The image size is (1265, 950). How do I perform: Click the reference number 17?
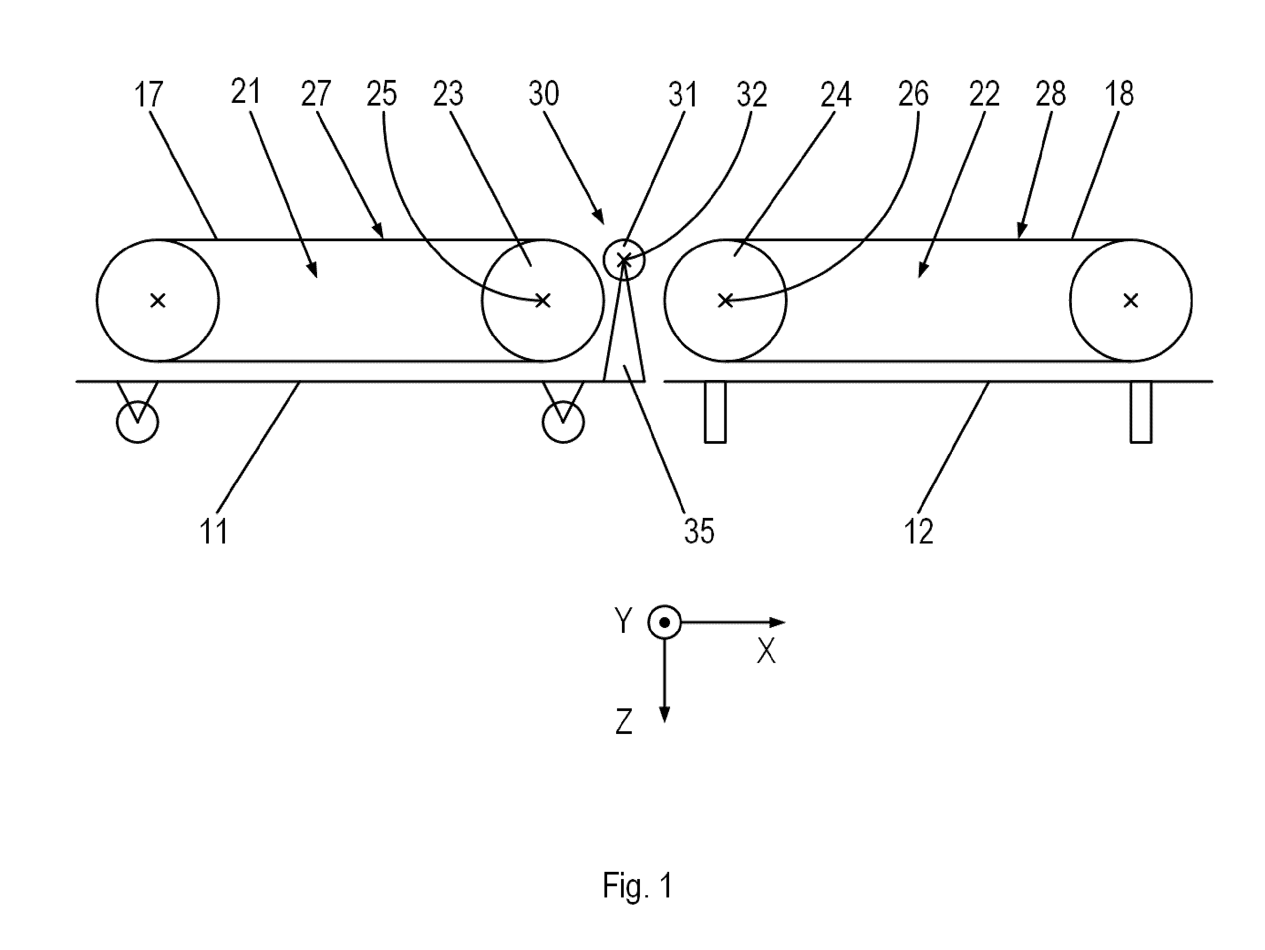tap(148, 94)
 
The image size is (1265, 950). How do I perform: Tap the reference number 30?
tap(543, 93)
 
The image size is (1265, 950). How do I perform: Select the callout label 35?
tap(699, 531)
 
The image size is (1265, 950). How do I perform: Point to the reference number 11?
tap(214, 531)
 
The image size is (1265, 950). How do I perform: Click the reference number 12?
tap(918, 531)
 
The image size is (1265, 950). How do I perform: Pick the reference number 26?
tap(913, 93)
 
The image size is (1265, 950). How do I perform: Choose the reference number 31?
tap(683, 94)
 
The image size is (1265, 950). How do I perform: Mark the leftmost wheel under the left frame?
tap(137, 422)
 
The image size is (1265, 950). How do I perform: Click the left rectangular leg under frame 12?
tap(715, 412)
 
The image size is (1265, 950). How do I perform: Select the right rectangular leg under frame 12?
tap(1141, 412)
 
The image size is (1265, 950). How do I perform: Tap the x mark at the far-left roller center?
tap(158, 300)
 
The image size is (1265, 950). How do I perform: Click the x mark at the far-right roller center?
tap(1131, 300)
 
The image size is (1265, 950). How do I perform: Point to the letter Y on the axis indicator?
tap(623, 621)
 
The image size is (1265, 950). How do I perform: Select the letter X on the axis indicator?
tap(767, 650)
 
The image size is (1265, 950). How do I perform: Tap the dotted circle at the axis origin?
tap(665, 622)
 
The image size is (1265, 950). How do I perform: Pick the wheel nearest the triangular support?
tap(563, 422)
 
